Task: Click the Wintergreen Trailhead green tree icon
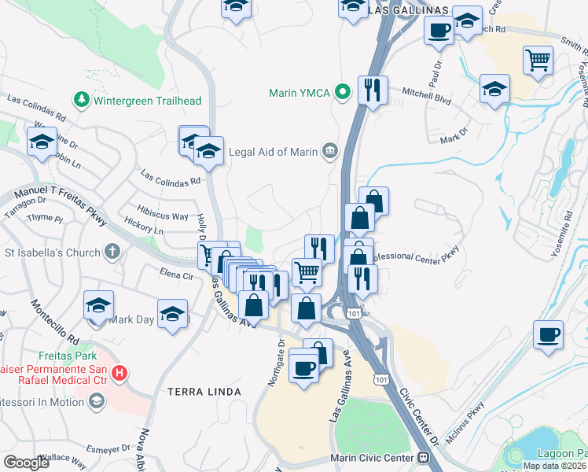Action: point(80,100)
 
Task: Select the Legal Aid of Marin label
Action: point(272,152)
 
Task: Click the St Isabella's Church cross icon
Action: point(112,253)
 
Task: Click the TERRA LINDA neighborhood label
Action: point(204,391)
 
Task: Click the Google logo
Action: point(26,463)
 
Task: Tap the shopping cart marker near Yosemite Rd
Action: point(538,60)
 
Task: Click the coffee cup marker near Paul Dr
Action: point(439,31)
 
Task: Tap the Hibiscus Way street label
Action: point(163,216)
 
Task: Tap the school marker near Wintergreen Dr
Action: point(42,142)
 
